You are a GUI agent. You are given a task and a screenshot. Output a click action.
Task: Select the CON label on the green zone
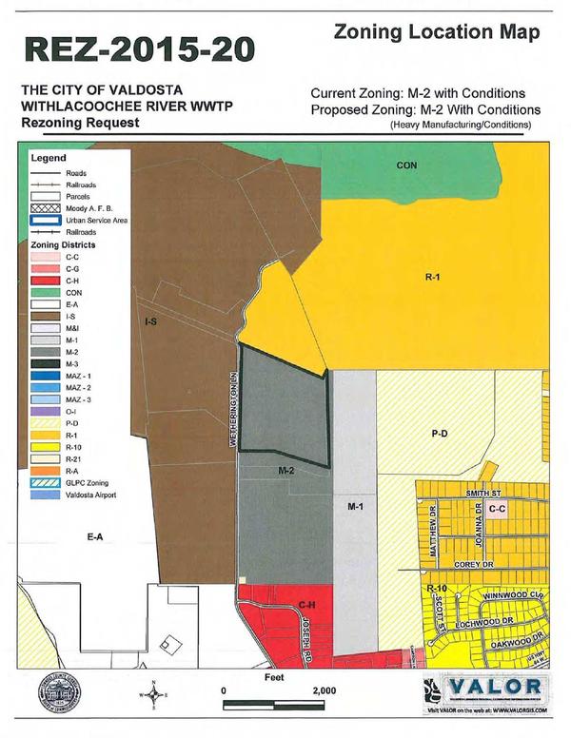pyautogui.click(x=406, y=165)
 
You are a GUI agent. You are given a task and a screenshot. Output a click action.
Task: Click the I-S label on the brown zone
pyautogui.click(x=149, y=323)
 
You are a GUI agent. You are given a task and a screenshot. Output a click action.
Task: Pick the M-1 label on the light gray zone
pyautogui.click(x=356, y=507)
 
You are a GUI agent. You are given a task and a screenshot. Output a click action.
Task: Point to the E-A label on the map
pyautogui.click(x=93, y=537)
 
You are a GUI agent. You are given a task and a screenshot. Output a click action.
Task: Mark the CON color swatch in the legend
pyautogui.click(x=45, y=293)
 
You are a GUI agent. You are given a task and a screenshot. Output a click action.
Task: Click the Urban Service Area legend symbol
pyautogui.click(x=45, y=220)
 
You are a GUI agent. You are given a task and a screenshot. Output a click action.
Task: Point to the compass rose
pyautogui.click(x=155, y=694)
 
